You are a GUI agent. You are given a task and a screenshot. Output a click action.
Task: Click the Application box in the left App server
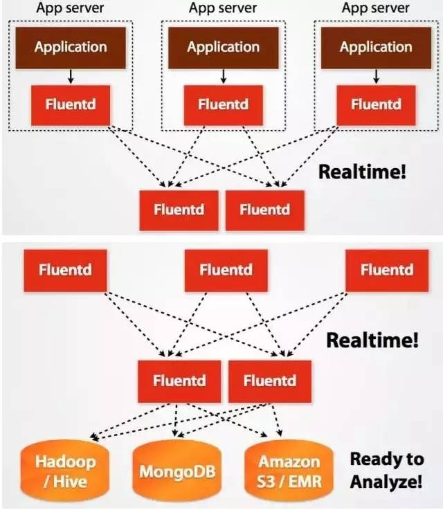coord(71,48)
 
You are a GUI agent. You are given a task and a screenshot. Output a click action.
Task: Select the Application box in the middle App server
coord(223,48)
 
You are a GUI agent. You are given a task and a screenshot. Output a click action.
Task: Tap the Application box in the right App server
coord(376,48)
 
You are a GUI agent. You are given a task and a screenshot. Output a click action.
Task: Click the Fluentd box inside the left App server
coord(71,105)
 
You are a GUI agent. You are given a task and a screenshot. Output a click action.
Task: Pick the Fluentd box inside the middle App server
coord(223,105)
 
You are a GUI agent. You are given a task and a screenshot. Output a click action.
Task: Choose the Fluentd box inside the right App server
coord(376,105)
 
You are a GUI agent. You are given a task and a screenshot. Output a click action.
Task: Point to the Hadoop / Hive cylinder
coord(66,471)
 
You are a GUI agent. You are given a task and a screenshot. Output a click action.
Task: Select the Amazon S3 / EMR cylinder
coord(290,471)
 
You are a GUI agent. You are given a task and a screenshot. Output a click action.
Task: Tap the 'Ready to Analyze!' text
coord(386,470)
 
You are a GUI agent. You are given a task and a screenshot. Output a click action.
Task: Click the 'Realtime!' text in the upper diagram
coord(362,172)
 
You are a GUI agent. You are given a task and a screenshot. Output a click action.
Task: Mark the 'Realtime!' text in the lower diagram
coord(372,340)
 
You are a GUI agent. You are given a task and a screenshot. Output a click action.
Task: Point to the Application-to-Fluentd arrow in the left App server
coord(71,75)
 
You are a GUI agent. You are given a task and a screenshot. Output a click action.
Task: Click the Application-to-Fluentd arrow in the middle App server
coord(223,75)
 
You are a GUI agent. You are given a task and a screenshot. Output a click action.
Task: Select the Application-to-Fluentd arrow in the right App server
coord(376,75)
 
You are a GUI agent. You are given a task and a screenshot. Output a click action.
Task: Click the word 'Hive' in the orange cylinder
coord(72,480)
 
